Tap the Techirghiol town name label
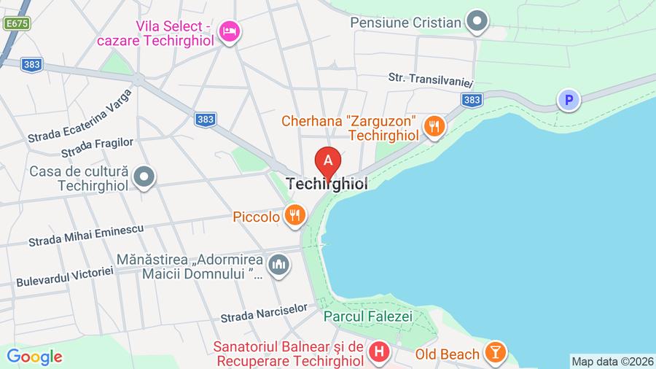pos(327,184)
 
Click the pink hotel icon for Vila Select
pos(230,31)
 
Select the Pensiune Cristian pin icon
pos(477,21)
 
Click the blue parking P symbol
pos(568,100)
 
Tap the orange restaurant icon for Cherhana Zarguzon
pos(435,126)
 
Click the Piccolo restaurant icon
pos(294,216)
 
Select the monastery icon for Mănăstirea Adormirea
pos(278,265)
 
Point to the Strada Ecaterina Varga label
pos(80,116)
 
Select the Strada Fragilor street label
pos(98,147)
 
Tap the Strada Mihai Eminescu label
pos(86,236)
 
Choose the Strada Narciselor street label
pos(265,314)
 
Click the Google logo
pos(34,357)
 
